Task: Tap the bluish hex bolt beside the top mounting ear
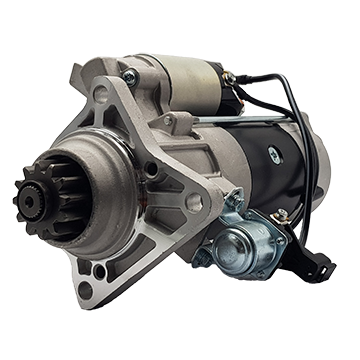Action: pyautogui.click(x=127, y=75)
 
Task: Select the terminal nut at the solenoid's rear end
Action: pyautogui.click(x=229, y=78)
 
